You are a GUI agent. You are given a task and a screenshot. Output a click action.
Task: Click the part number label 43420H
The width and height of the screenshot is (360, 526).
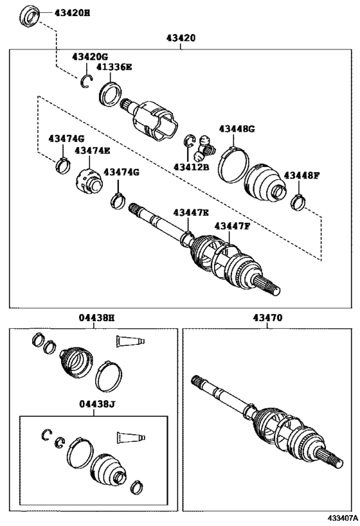(x=72, y=13)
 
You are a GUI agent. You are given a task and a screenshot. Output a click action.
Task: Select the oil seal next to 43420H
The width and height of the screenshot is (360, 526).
(x=30, y=16)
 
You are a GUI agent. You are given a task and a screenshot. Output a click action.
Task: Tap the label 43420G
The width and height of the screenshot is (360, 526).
(x=90, y=57)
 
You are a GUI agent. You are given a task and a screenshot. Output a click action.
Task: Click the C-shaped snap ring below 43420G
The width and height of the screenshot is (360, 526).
(x=86, y=82)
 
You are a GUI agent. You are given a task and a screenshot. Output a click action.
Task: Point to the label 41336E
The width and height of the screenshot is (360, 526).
(x=114, y=67)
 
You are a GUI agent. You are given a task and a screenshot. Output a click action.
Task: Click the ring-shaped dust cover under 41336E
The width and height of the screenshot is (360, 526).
(x=111, y=94)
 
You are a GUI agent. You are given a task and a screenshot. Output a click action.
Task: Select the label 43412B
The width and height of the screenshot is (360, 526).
(x=192, y=166)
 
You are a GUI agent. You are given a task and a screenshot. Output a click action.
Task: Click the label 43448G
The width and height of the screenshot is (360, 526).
(x=237, y=129)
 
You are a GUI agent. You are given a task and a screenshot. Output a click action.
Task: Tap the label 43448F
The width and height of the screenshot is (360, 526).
(x=301, y=175)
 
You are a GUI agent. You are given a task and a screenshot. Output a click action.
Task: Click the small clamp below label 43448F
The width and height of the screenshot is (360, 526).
(x=298, y=202)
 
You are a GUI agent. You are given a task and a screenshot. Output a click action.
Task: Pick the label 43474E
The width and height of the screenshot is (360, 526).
(x=93, y=150)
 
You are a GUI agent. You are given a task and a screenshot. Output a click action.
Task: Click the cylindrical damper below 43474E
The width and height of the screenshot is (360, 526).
(x=88, y=181)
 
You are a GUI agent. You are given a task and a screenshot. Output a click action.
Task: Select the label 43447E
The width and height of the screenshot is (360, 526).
(x=191, y=213)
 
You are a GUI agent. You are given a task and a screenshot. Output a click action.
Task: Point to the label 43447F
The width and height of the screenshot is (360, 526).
(x=232, y=226)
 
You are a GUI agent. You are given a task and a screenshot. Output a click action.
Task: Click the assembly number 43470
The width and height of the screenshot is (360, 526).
(x=267, y=317)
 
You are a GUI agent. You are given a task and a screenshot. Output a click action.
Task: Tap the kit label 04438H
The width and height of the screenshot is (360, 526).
(x=96, y=317)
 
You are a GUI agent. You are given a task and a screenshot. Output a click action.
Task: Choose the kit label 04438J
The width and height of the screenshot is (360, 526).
(x=97, y=404)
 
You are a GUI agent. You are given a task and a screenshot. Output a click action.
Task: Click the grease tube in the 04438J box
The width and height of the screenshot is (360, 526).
(x=131, y=437)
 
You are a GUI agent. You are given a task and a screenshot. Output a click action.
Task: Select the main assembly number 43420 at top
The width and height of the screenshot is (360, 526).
(x=181, y=38)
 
